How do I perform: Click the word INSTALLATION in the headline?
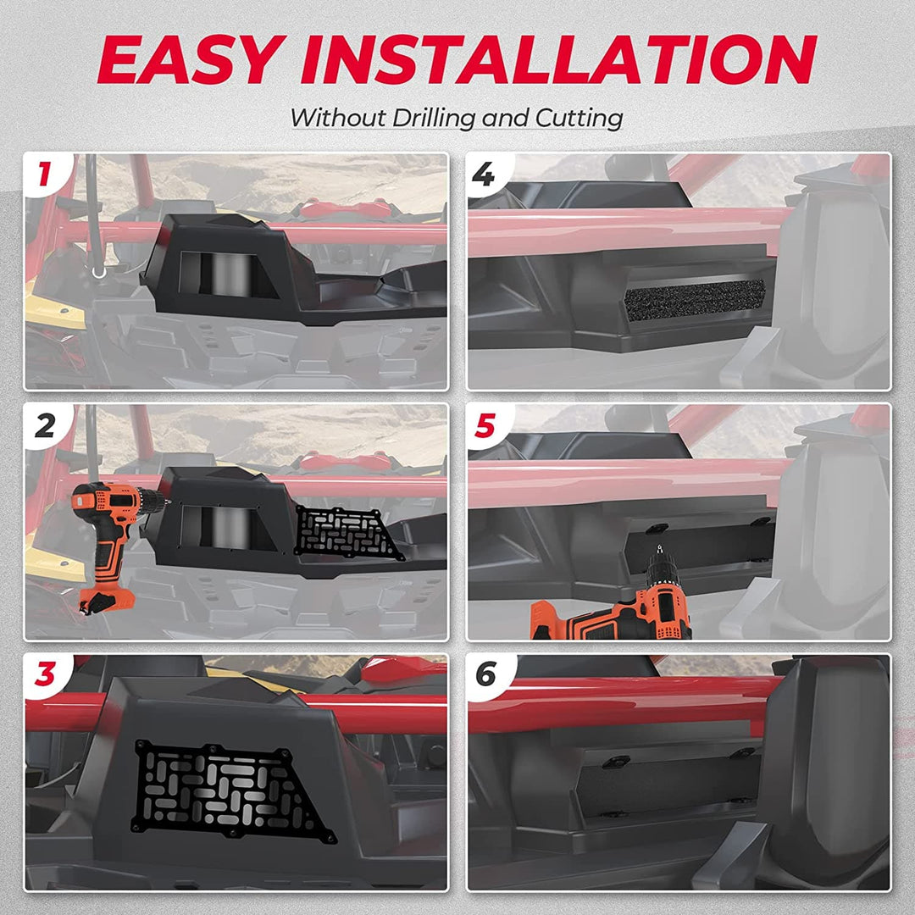tap(558, 59)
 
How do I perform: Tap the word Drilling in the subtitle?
tap(435, 119)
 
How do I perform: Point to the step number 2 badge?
tap(45, 425)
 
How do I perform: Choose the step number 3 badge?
tap(45, 674)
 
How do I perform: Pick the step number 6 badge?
tap(486, 674)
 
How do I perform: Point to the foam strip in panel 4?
tap(695, 300)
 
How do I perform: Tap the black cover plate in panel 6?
tap(665, 782)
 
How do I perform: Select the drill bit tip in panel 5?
tap(659, 548)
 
